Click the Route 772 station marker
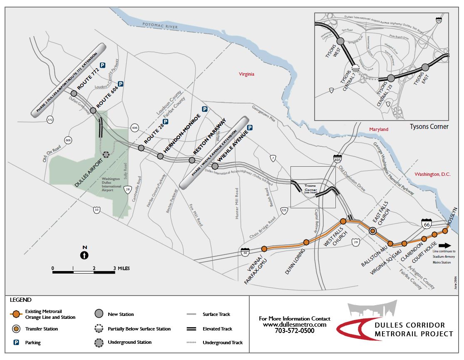point(74,94)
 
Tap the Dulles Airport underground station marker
point(106,154)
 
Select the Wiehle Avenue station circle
point(215,166)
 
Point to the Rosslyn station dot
point(445,231)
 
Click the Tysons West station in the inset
point(340,41)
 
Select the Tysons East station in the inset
point(425,67)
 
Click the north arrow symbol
point(84,254)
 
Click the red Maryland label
point(379,129)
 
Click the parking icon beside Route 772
point(102,65)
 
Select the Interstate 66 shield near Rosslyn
point(426,224)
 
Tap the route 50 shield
point(97,210)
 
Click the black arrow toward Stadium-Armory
point(445,245)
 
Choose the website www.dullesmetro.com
point(294,325)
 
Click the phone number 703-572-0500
point(294,331)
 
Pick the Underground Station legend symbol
point(99,343)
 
